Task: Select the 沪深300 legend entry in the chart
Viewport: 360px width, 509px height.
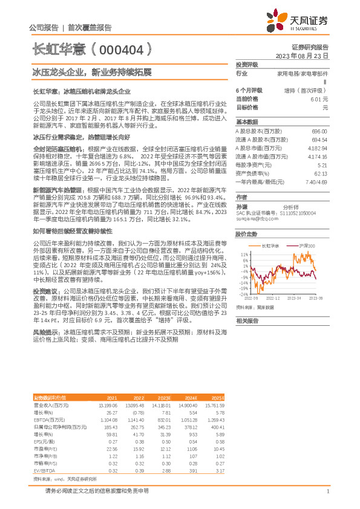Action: [306, 246]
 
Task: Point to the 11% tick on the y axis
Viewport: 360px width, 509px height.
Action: [244, 254]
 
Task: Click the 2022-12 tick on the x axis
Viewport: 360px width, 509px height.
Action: [273, 299]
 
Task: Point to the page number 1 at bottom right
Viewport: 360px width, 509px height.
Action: [327, 491]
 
